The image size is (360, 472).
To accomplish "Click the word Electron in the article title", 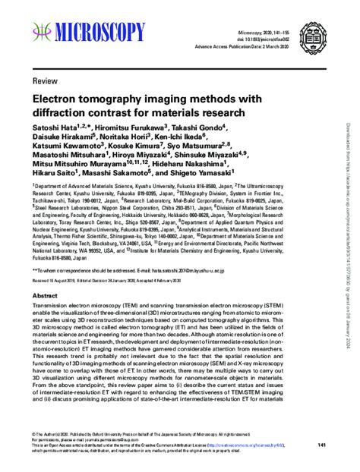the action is tap(59, 99).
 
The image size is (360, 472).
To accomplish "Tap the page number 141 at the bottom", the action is tap(321, 445).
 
